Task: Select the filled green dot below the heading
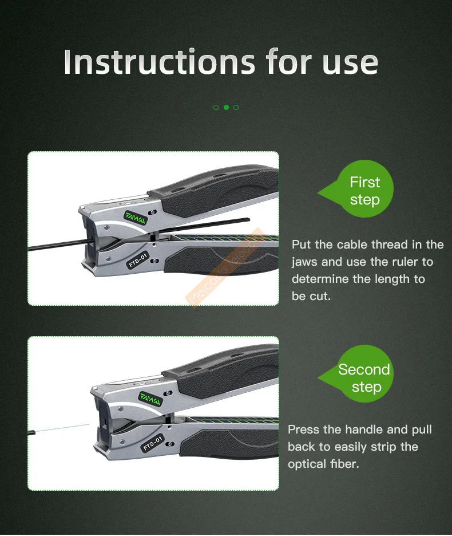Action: (226, 107)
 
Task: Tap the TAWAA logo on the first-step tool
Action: (136, 218)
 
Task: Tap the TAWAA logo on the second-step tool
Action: (150, 399)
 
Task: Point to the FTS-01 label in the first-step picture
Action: (138, 260)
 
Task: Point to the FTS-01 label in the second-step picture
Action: (152, 443)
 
